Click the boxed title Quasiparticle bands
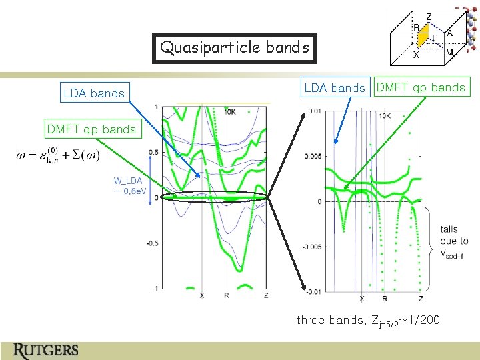(235, 48)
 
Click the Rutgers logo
(45, 349)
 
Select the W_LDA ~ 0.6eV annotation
(128, 184)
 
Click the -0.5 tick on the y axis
(151, 243)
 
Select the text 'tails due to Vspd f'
(454, 241)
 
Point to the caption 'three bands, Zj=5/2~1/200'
(368, 321)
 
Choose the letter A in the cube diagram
(450, 32)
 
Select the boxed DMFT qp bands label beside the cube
(421, 87)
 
